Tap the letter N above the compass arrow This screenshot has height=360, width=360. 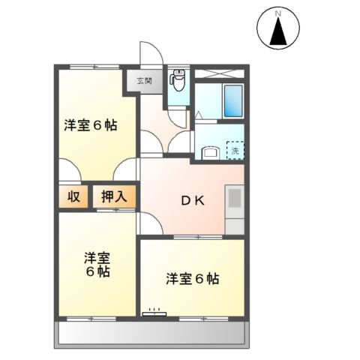[278, 13]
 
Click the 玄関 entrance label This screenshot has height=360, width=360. [143, 80]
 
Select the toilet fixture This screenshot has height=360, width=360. [178, 79]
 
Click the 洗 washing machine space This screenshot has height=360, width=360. [235, 150]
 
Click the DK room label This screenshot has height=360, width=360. [193, 200]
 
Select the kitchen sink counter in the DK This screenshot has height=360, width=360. [235, 202]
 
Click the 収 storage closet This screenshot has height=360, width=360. [73, 197]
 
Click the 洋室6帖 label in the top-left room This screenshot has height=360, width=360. [89, 125]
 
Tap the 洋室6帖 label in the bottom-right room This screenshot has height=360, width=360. [193, 279]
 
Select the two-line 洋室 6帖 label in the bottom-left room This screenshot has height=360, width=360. [97, 264]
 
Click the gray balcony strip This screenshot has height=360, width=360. [150, 334]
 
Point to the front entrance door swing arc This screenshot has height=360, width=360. [152, 57]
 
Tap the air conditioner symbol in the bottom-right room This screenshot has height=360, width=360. [156, 311]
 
